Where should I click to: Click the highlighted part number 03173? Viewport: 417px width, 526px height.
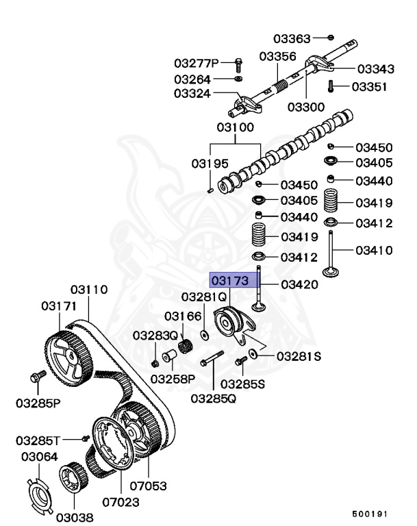pos(230,280)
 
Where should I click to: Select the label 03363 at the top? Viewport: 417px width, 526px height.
pos(292,38)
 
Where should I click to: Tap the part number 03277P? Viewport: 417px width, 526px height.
pos(197,63)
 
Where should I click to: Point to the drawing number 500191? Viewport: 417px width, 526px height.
pos(370,514)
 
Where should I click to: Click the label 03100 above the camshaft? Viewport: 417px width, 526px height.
pos(235,127)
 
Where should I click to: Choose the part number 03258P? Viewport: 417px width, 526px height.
pos(173,379)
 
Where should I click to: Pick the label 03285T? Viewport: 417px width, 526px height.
pos(38,440)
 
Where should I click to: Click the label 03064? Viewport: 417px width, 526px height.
pos(40,457)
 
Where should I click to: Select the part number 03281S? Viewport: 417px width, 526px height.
pos(299,356)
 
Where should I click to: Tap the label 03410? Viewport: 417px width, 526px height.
pos(374,250)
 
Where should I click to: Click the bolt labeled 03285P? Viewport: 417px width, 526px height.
pos(38,377)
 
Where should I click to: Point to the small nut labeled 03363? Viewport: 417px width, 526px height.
pos(331,37)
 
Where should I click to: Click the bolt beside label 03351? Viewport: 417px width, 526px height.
pos(331,86)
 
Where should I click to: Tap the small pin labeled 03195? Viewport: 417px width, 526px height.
pos(211,190)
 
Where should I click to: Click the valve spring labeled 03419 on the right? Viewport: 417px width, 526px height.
pos(331,201)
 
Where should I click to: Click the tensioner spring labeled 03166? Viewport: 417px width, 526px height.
pos(185,346)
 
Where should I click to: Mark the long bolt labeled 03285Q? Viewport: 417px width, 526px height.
pos(212,358)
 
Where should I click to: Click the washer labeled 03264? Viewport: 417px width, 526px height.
pos(238,79)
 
